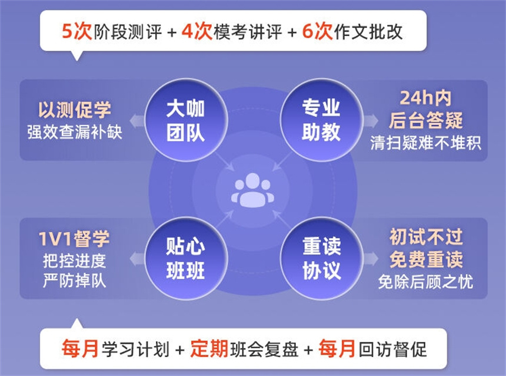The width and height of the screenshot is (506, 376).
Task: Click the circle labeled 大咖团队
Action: (x=186, y=120)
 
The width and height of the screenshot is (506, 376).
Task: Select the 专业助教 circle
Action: (x=321, y=120)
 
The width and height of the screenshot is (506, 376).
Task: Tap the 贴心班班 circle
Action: (x=186, y=259)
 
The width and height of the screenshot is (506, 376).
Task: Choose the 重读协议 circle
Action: (x=321, y=259)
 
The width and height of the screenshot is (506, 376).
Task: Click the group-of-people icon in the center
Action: (x=252, y=190)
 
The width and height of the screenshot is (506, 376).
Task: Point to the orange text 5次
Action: (x=77, y=31)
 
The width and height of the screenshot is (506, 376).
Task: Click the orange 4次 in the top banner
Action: (x=197, y=31)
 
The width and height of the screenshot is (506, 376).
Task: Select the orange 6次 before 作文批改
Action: (x=317, y=31)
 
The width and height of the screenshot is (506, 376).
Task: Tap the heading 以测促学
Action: (x=75, y=110)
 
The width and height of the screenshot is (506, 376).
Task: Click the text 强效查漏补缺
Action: (x=75, y=132)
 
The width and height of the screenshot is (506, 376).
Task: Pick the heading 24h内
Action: (x=425, y=98)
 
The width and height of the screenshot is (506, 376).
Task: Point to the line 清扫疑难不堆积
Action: (x=425, y=143)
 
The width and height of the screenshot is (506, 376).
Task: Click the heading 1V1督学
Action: (x=74, y=239)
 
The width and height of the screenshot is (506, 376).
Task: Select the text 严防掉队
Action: (x=75, y=281)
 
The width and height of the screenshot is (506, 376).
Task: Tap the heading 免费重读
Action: (x=426, y=260)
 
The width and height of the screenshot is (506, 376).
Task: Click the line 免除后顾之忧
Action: (x=425, y=282)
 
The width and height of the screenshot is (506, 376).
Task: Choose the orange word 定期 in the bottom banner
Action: (x=209, y=349)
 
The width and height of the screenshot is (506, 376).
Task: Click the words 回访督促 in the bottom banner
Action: (x=392, y=349)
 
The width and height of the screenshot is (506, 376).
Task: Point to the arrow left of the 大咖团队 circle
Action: (x=137, y=121)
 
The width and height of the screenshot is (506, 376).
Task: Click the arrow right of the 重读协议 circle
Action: (x=371, y=259)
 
